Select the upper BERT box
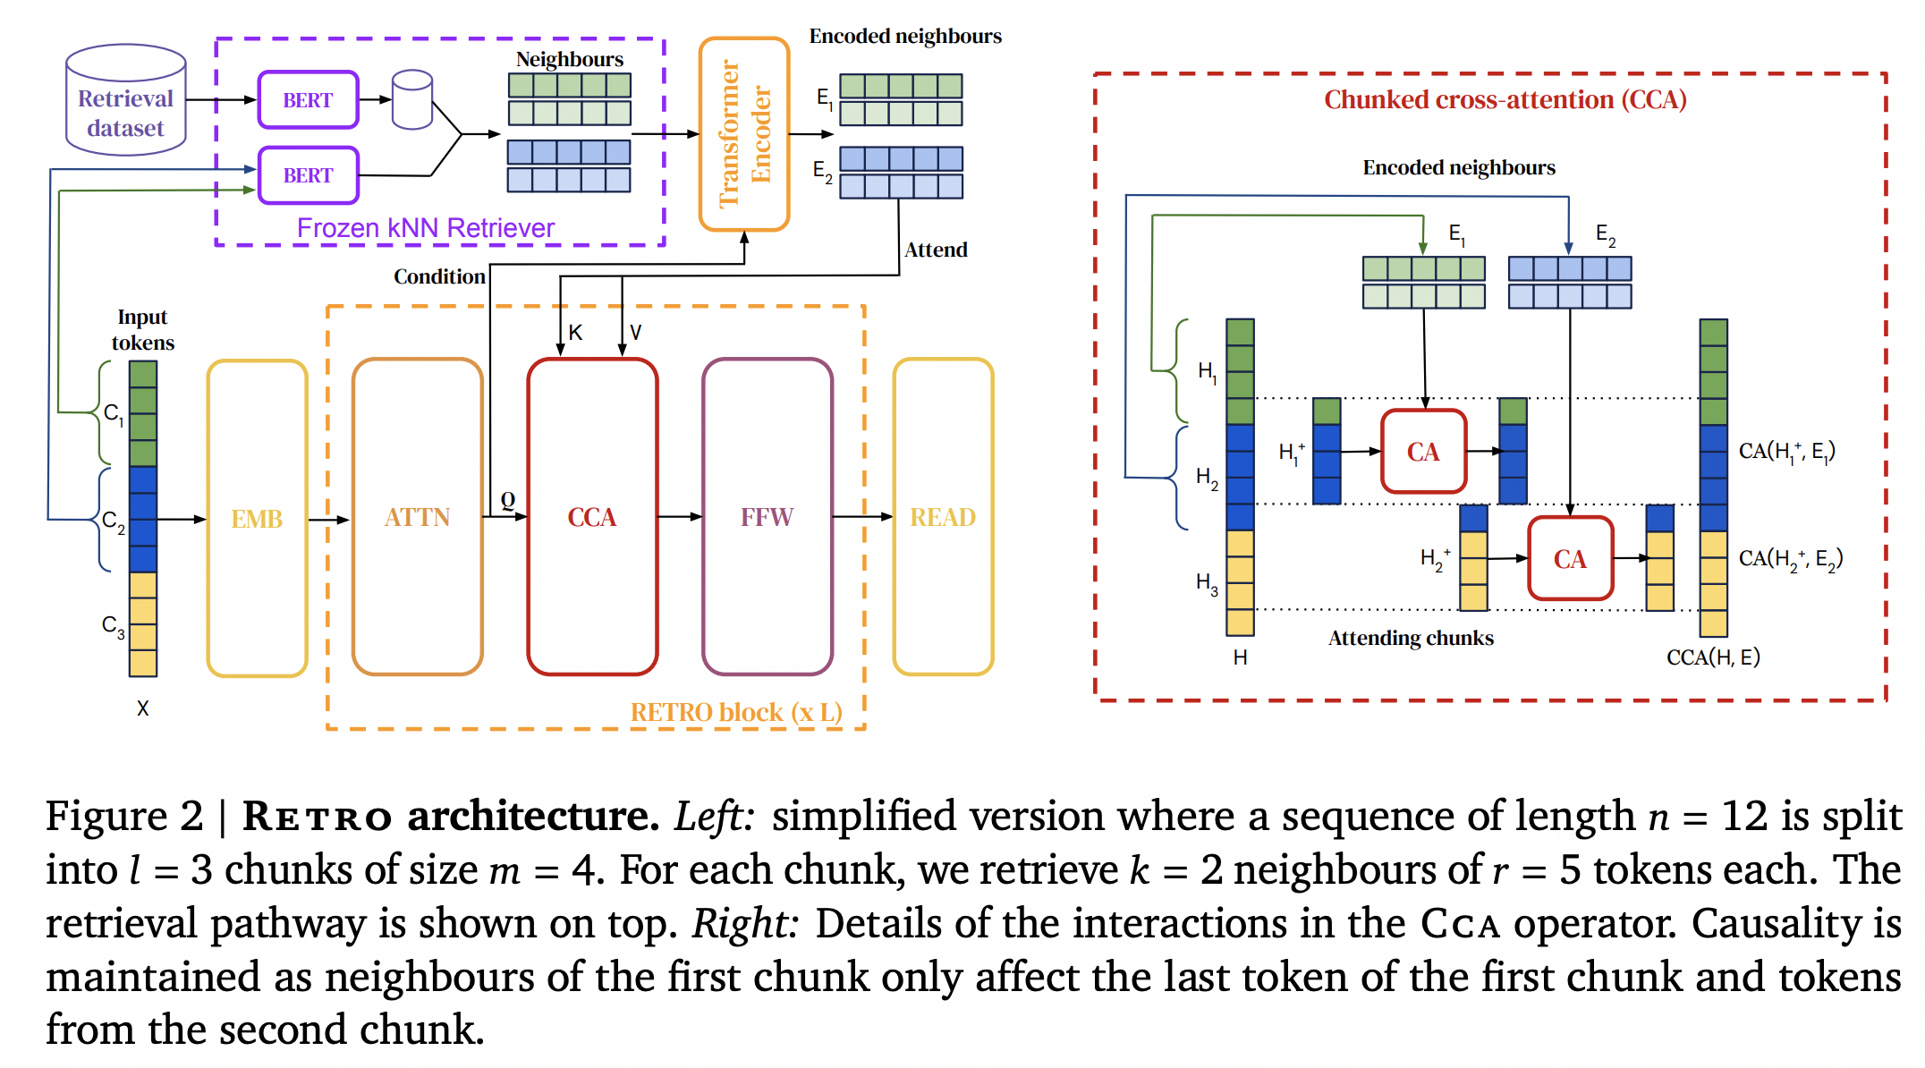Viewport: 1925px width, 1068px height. pyautogui.click(x=308, y=100)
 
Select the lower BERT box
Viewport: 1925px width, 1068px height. pyautogui.click(x=308, y=175)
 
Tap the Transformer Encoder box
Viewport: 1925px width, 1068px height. pyautogui.click(x=743, y=134)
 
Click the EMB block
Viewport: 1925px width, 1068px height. pyautogui.click(x=257, y=519)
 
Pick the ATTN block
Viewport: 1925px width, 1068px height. pyautogui.click(x=417, y=517)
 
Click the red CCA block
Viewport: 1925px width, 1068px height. pyautogui.click(x=592, y=517)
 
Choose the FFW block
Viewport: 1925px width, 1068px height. pyautogui.click(x=767, y=517)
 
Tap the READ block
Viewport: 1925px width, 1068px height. pyautogui.click(x=942, y=517)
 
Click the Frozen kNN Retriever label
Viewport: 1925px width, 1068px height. pyautogui.click(x=425, y=228)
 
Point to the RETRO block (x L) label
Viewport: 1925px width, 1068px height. pyautogui.click(x=735, y=712)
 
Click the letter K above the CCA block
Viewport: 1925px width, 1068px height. pyautogui.click(x=575, y=333)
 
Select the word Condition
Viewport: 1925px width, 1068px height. pyautogui.click(x=439, y=276)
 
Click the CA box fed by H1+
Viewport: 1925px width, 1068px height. pyautogui.click(x=1423, y=452)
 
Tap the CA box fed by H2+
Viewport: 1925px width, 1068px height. pyautogui.click(x=1570, y=559)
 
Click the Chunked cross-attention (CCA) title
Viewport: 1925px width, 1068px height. pyautogui.click(x=1505, y=99)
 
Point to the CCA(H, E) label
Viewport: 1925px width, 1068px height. pyautogui.click(x=1712, y=657)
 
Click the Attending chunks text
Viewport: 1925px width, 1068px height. pyautogui.click(x=1411, y=638)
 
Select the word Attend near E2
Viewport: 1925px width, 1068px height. pyautogui.click(x=936, y=250)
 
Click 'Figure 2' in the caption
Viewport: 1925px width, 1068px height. pyautogui.click(x=124, y=816)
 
